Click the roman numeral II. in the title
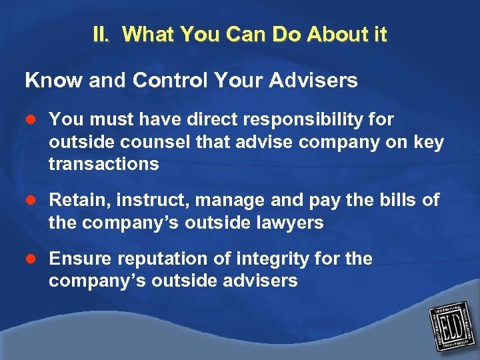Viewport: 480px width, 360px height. tap(103, 35)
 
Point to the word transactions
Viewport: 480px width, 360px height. tap(104, 164)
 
